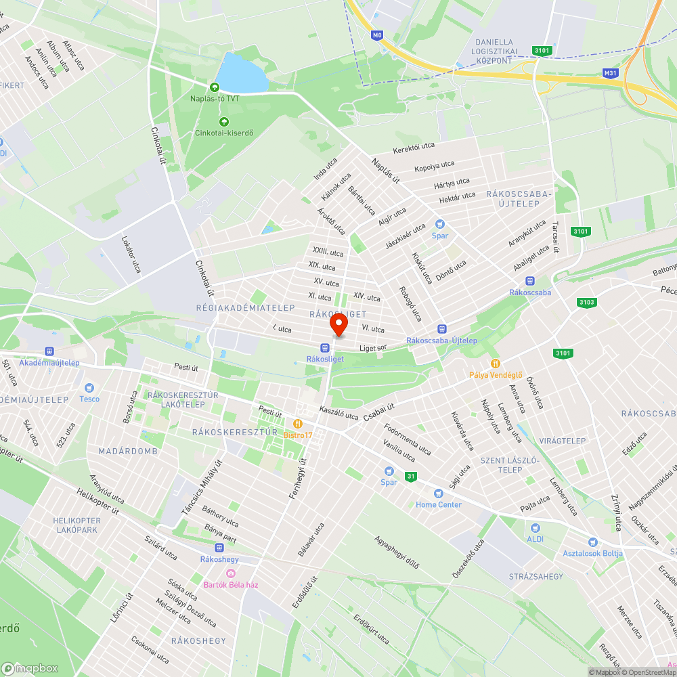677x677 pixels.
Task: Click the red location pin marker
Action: (x=338, y=326)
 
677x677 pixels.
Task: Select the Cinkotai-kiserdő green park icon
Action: (x=223, y=122)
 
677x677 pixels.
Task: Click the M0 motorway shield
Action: (x=377, y=35)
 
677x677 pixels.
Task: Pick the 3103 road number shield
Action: (x=586, y=303)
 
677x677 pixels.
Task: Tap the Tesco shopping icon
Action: (x=89, y=388)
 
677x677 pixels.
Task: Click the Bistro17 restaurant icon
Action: (x=297, y=424)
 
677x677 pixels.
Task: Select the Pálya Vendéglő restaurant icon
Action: (x=496, y=364)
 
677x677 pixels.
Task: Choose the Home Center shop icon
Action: (x=438, y=493)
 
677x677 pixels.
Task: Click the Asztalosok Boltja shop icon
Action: (x=593, y=542)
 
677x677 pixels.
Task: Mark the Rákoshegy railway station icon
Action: (x=218, y=548)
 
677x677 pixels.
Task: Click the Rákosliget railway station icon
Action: (x=324, y=347)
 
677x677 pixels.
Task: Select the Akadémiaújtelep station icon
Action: (x=49, y=351)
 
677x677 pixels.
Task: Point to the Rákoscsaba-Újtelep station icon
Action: (x=441, y=328)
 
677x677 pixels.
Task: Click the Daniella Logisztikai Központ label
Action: (x=503, y=51)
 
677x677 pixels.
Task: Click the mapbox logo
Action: (x=30, y=668)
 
